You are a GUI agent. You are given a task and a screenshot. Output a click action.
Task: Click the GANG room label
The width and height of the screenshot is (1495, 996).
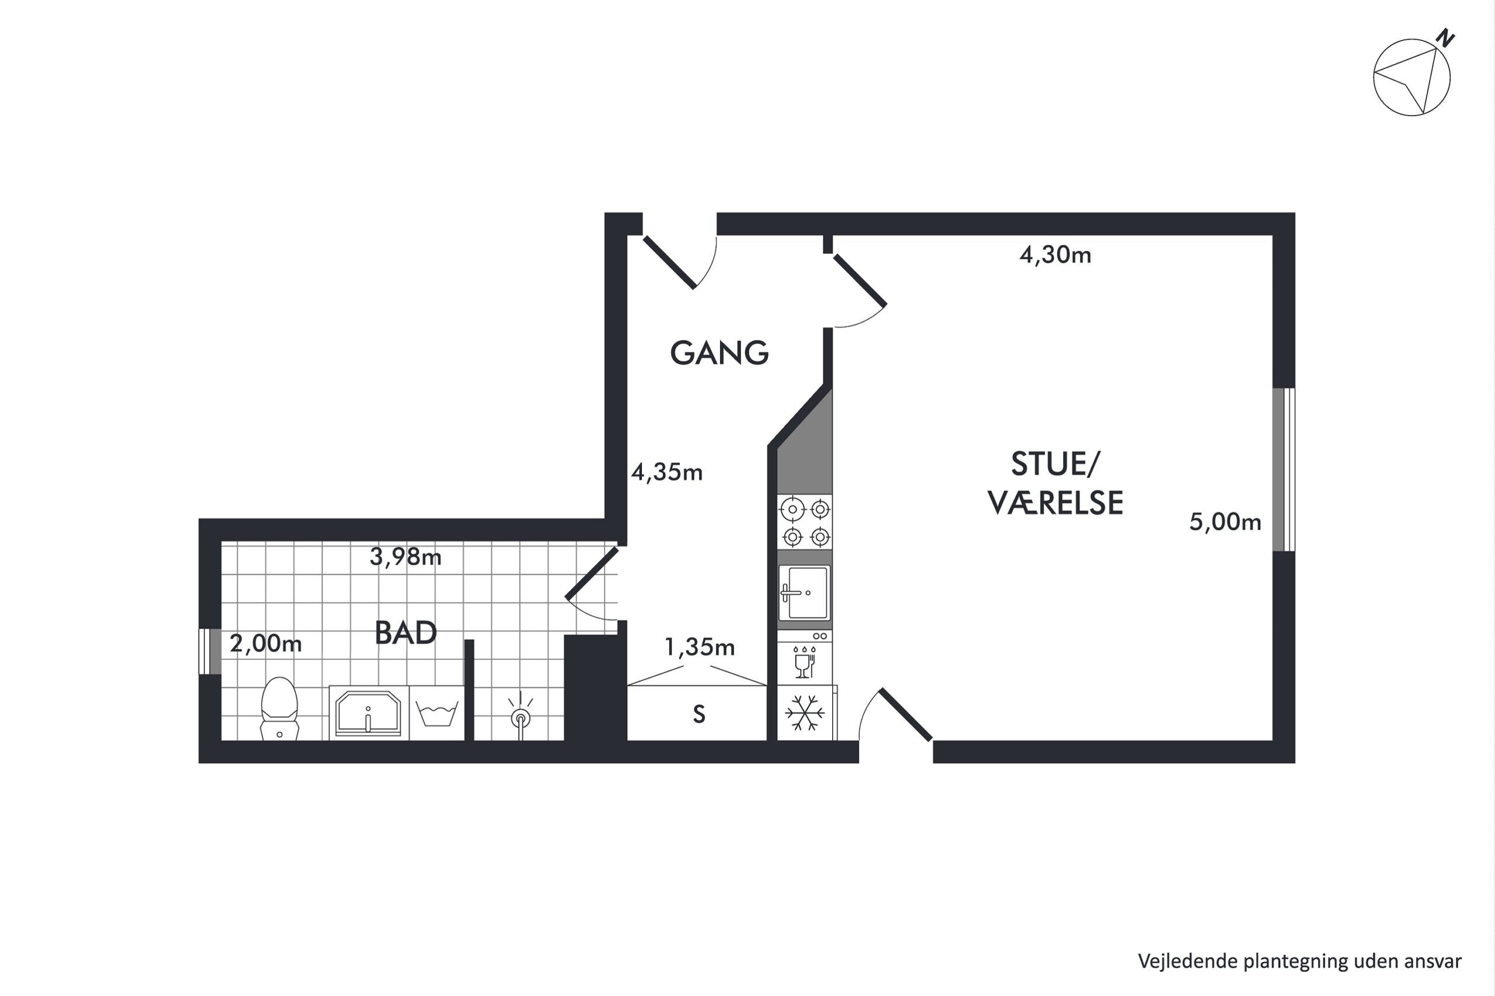tap(719, 352)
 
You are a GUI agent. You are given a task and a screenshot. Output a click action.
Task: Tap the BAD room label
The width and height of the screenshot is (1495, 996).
tap(405, 632)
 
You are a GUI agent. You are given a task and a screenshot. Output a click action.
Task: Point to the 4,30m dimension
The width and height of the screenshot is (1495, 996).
tap(1055, 255)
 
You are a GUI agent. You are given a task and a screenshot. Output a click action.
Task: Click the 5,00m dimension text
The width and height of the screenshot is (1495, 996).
tap(1225, 522)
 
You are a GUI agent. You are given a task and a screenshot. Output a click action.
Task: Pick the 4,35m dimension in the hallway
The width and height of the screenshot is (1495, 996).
tap(667, 472)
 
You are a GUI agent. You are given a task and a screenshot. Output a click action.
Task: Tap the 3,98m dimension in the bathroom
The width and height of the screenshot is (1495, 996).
tap(405, 557)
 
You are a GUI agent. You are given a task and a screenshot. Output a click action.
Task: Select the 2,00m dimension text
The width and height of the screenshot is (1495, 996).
tap(266, 644)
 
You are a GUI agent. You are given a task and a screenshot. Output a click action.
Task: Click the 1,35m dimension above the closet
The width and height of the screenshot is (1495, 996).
tap(699, 647)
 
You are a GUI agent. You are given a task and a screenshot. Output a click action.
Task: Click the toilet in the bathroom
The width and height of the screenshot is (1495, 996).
tap(280, 708)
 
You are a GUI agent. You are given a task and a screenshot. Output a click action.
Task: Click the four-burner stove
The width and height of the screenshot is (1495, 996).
tap(806, 522)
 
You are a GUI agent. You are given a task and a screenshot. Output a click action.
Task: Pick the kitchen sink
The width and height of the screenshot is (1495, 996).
tap(805, 593)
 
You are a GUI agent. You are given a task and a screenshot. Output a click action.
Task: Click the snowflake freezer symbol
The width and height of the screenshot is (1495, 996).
tap(805, 712)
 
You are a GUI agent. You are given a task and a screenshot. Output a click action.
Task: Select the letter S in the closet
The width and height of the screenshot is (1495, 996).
tap(699, 715)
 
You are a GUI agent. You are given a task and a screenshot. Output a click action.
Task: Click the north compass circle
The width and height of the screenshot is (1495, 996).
tap(1411, 78)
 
